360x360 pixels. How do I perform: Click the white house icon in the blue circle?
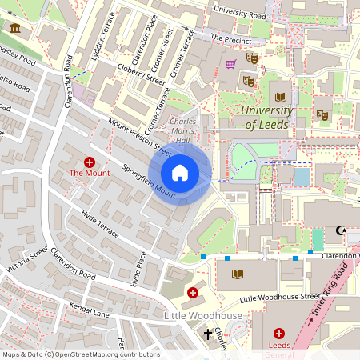point(180,173)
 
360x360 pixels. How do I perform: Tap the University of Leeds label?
point(266,118)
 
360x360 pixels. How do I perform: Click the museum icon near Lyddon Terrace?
point(14,29)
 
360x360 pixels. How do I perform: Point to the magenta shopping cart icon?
point(231,64)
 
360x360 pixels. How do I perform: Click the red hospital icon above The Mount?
point(89,162)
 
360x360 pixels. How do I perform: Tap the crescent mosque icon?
point(344,230)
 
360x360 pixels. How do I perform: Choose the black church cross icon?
point(208,334)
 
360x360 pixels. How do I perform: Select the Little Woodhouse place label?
point(202,316)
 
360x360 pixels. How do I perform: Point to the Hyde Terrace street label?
point(100,225)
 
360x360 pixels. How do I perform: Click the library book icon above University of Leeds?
point(281,95)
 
